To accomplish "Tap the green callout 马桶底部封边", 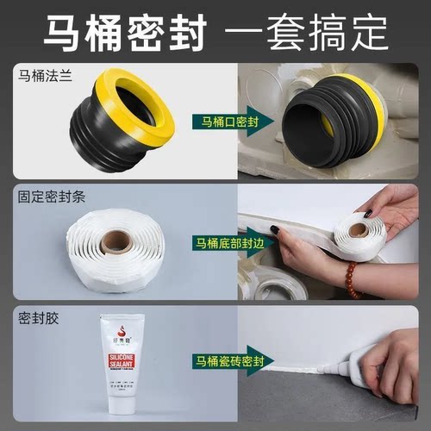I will pos(237,243).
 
